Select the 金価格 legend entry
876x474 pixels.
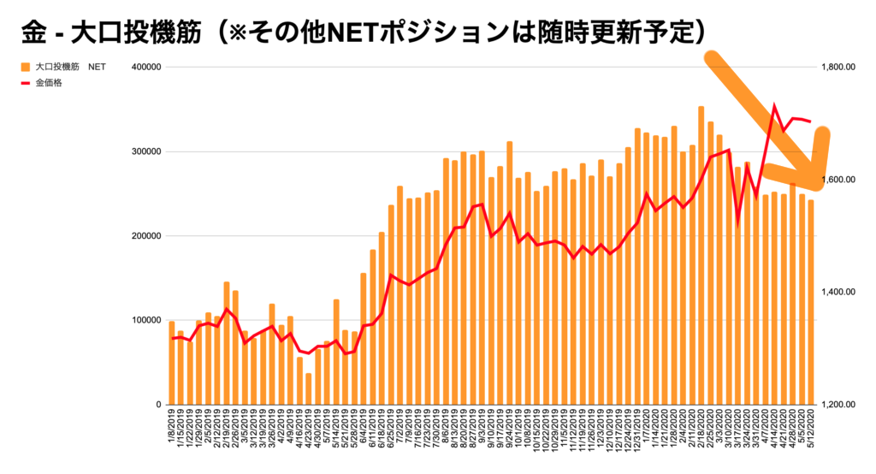coord(48,84)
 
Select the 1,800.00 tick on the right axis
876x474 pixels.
coord(838,67)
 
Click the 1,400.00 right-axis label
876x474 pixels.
coord(838,292)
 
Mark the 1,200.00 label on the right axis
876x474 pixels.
coord(838,404)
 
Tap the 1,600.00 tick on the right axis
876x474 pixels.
coord(838,180)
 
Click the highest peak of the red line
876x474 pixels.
coord(774,108)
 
